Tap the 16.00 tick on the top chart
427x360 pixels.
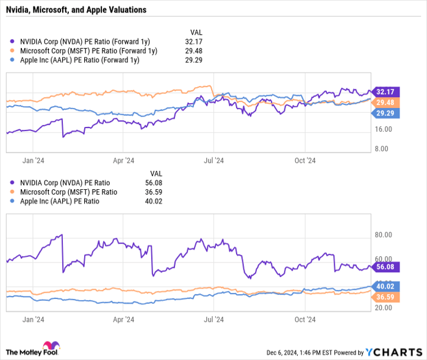click(x=384, y=129)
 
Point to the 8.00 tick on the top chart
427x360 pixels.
click(x=384, y=149)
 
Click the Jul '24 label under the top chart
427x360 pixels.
click(x=213, y=160)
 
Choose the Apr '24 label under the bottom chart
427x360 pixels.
click(x=124, y=319)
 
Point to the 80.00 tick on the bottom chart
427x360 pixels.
click(x=384, y=235)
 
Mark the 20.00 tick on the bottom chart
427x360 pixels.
click(x=384, y=308)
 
